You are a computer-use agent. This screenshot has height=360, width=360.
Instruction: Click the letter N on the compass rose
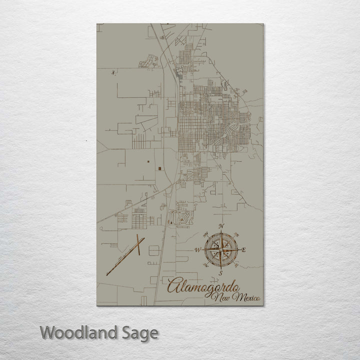click(x=221, y=226)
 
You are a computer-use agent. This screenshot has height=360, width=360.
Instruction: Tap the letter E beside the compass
click(x=243, y=250)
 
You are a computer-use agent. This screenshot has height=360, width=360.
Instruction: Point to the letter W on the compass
click(x=197, y=249)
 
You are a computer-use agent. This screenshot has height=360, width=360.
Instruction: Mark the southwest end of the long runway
click(x=107, y=274)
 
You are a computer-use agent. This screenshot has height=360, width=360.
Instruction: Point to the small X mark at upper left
click(x=113, y=73)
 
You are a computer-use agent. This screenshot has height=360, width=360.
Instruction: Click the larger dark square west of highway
click(x=159, y=168)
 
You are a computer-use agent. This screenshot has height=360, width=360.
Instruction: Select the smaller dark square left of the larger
click(x=148, y=161)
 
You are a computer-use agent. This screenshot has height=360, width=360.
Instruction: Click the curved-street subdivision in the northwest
click(x=148, y=62)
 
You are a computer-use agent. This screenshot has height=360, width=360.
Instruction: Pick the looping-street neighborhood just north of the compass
click(x=180, y=217)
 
